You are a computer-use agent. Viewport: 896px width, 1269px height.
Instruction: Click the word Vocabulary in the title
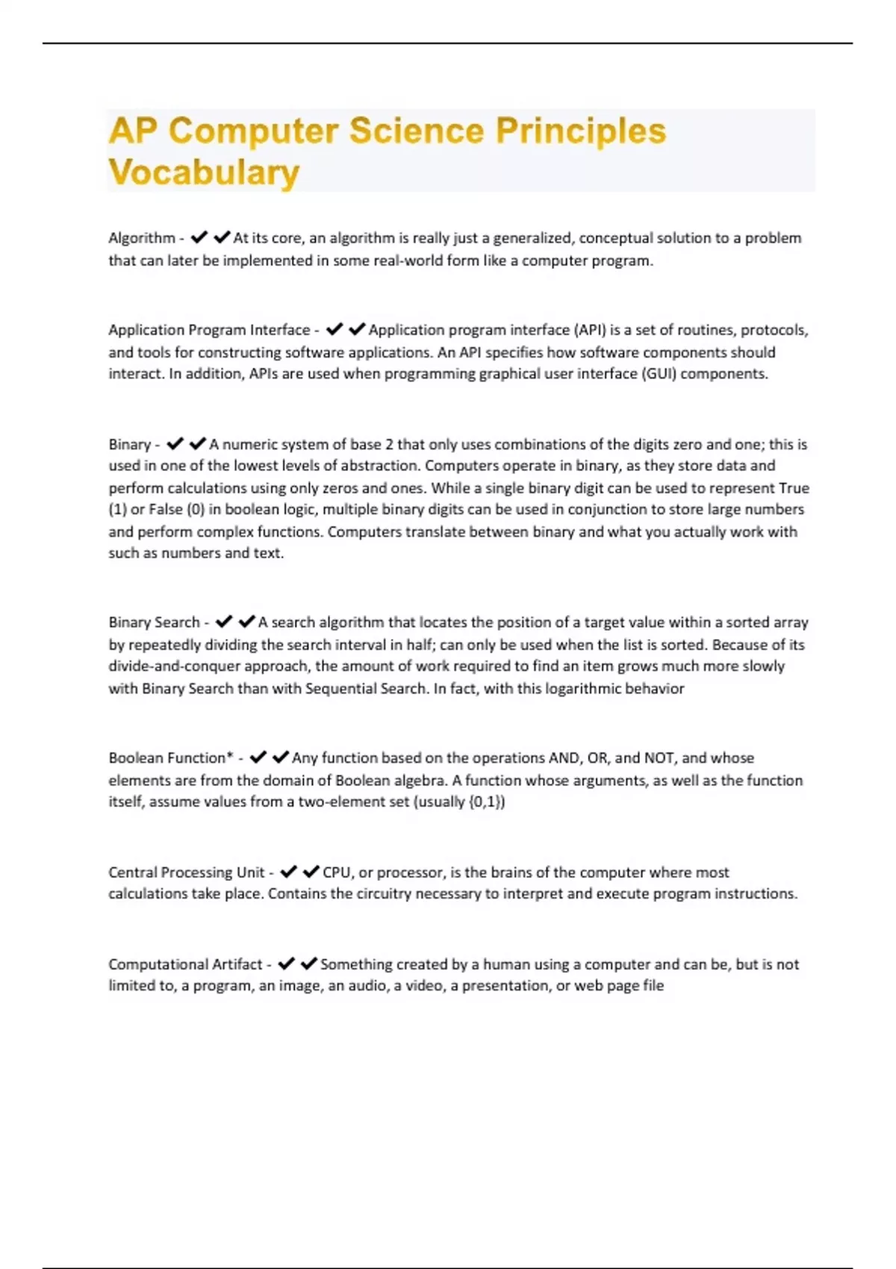coord(204,172)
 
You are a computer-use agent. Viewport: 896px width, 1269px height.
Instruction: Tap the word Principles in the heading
coord(580,131)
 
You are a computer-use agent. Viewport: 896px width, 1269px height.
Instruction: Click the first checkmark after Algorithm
coord(199,238)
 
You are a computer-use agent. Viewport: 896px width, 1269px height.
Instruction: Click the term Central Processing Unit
coord(187,872)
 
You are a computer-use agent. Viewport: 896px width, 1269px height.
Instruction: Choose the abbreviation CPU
coord(337,872)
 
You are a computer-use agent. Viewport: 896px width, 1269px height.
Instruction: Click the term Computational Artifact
coord(185,964)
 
